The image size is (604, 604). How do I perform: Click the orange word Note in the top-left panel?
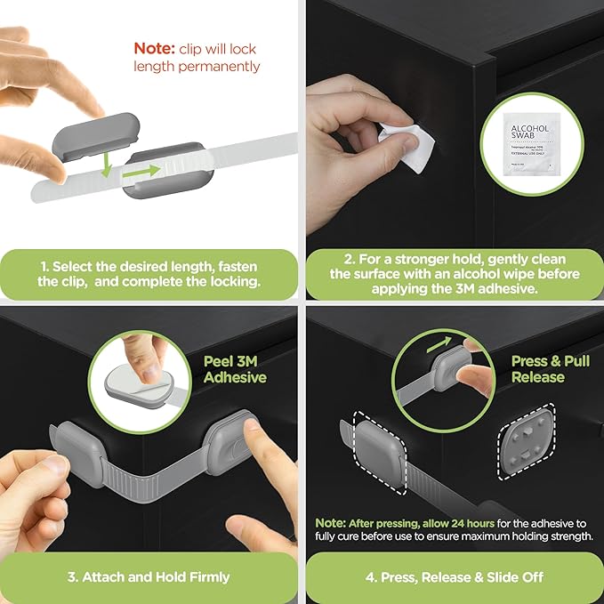click(152, 48)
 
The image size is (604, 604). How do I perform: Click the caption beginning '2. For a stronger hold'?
click(453, 274)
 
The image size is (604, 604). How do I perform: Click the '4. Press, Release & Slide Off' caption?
click(453, 577)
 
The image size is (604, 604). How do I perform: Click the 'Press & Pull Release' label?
click(537, 369)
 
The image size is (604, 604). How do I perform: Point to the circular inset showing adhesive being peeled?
click(140, 372)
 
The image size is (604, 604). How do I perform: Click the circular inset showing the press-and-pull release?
click(443, 372)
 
